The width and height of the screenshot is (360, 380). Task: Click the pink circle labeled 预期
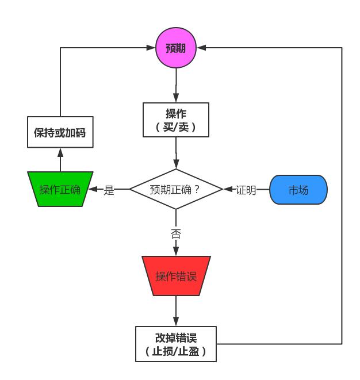click(176, 48)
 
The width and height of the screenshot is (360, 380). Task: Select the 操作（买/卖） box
click(176, 120)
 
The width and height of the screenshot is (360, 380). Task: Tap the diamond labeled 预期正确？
click(176, 189)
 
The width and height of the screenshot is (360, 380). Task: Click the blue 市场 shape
click(298, 190)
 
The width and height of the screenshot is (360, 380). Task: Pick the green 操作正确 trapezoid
click(60, 189)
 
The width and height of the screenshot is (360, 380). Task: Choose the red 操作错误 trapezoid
click(176, 276)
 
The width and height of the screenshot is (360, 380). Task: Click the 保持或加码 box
click(60, 132)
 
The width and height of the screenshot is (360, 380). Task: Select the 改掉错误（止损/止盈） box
click(176, 344)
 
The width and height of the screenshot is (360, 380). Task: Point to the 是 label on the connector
click(109, 190)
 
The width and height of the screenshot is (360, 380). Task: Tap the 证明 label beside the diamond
click(246, 190)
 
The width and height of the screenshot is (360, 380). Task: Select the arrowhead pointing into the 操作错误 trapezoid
click(176, 252)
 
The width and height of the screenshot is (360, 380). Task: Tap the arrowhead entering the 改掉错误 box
click(176, 323)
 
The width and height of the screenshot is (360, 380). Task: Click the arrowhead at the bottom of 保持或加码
click(60, 152)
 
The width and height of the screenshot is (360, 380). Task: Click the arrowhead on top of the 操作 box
click(176, 99)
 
